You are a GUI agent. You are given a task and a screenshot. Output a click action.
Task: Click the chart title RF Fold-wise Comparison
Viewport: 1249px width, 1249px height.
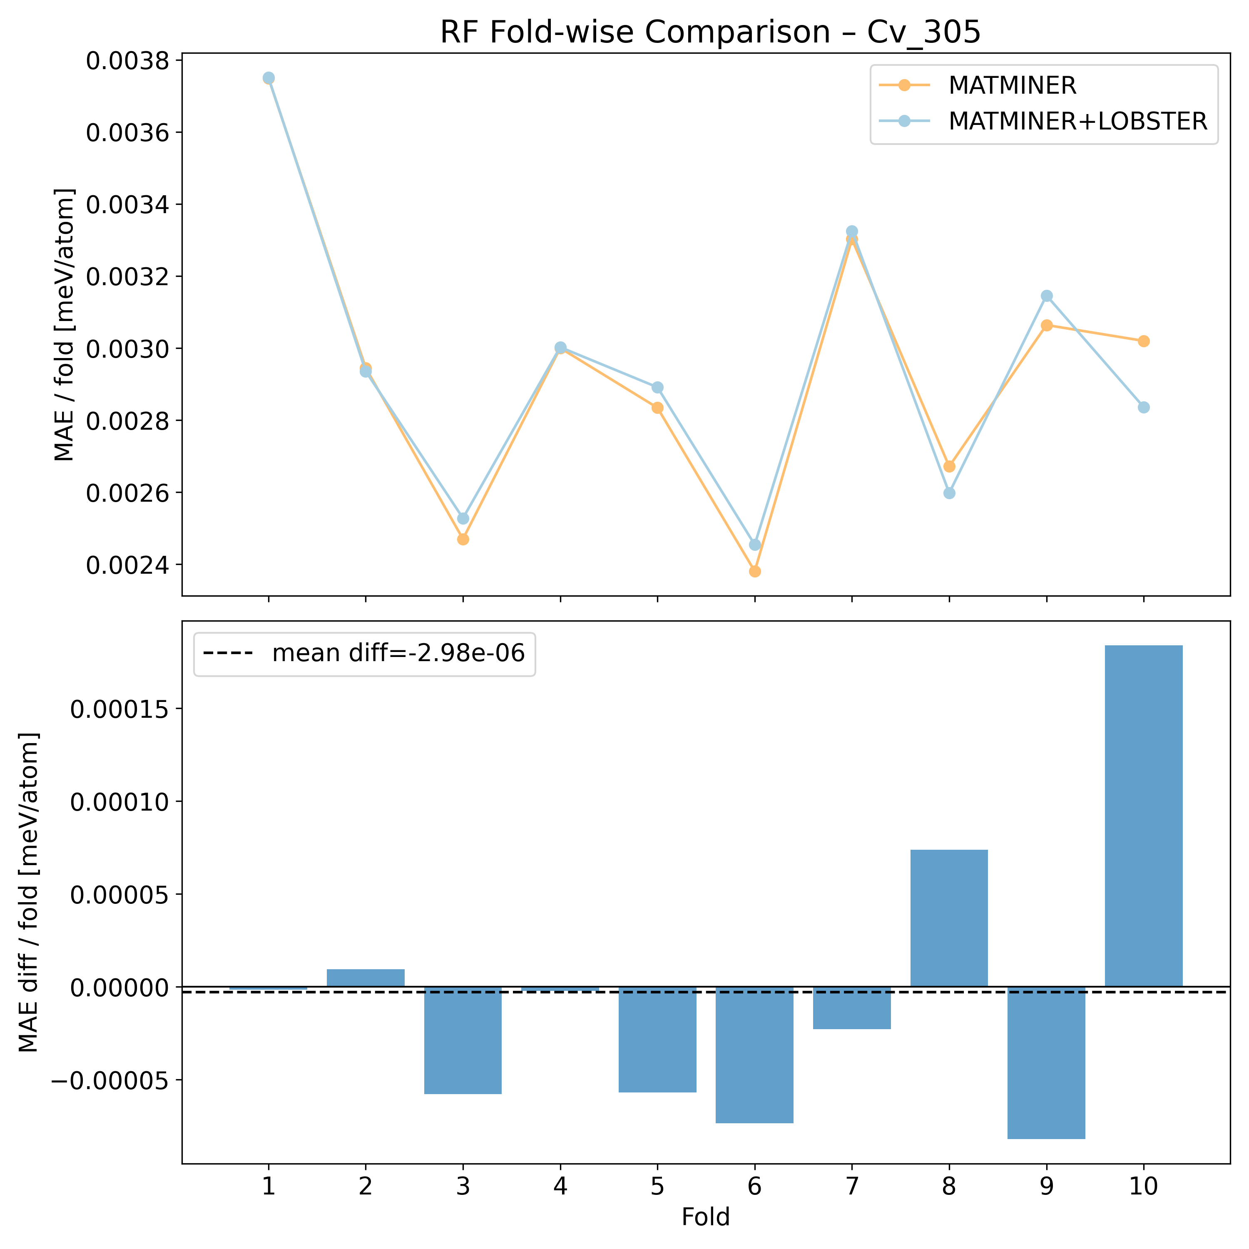coord(710,32)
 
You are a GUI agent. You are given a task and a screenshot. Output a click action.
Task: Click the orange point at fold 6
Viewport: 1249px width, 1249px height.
coord(754,572)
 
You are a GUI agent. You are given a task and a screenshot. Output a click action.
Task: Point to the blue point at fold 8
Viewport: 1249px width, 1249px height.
coord(949,493)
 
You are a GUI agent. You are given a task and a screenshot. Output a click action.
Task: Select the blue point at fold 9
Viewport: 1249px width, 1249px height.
coord(1047,296)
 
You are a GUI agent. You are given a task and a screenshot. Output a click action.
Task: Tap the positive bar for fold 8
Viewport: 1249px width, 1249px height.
coord(949,918)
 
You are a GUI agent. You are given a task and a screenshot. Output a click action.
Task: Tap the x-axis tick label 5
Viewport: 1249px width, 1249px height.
coord(657,1187)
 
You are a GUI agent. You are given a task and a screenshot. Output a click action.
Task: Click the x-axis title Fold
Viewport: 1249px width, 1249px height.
coord(705,1217)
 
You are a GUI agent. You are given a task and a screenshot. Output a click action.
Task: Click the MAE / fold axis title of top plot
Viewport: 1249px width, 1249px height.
coord(65,325)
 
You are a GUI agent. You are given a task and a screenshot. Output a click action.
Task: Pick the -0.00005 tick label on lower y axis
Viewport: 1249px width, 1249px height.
coord(113,1081)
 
